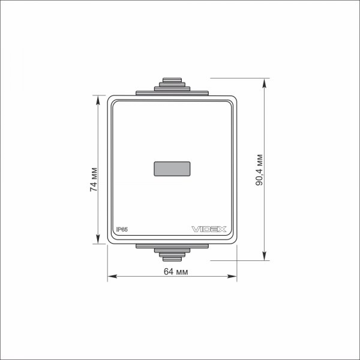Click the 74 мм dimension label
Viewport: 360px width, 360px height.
tap(94, 179)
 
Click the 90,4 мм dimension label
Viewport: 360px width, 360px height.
tap(259, 170)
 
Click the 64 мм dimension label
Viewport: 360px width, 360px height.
tap(176, 272)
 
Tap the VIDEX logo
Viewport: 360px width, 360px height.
tap(209, 229)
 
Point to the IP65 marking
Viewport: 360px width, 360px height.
tap(122, 229)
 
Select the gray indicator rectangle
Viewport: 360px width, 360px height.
tap(172, 169)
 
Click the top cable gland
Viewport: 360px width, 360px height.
tap(172, 86)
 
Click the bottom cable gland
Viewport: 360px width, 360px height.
tap(172, 253)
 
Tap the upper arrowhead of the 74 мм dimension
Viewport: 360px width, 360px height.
tap(98, 100)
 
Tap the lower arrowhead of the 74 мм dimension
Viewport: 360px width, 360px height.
tap(98, 239)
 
